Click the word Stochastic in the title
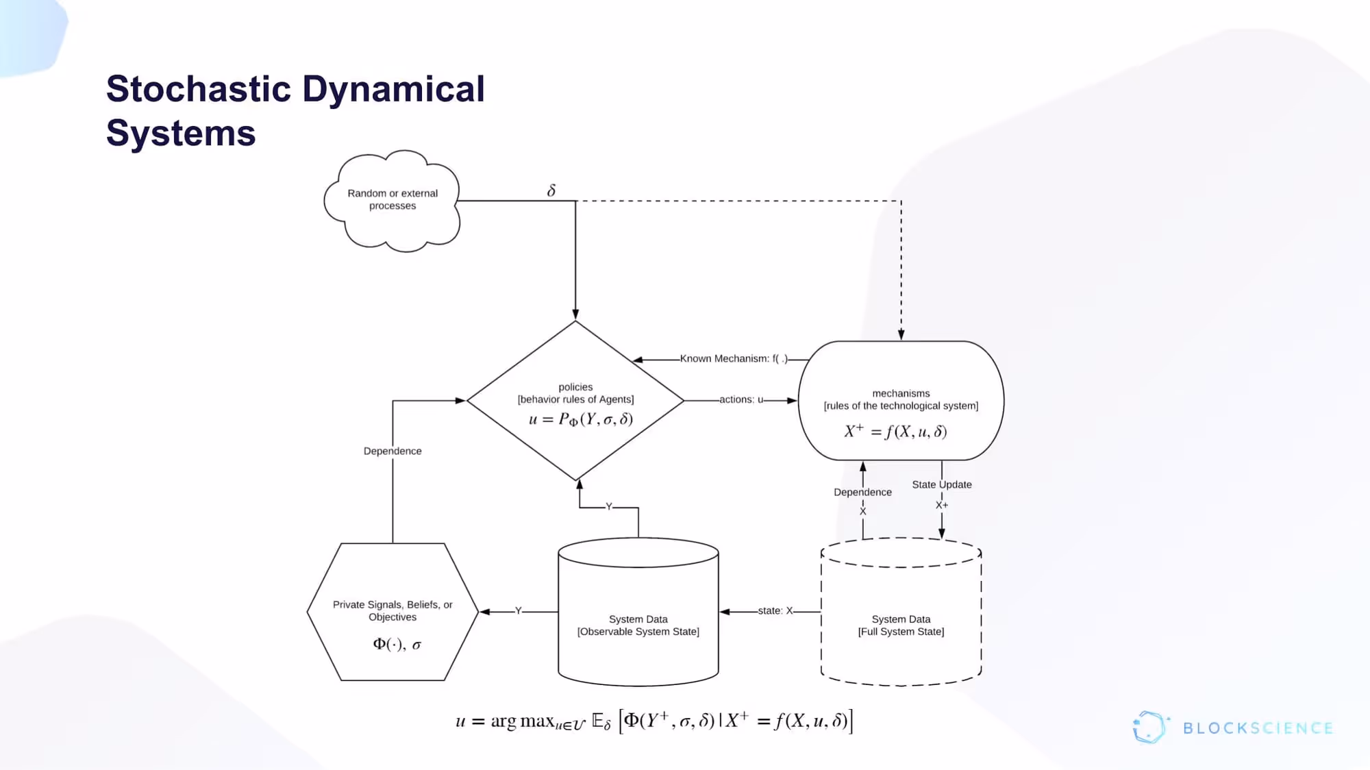tap(199, 90)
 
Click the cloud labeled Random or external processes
tap(392, 200)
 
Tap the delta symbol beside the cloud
tap(551, 190)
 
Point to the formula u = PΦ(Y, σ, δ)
tap(580, 419)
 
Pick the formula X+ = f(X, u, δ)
tap(895, 432)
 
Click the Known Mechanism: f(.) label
tap(734, 359)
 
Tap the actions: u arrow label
tap(741, 400)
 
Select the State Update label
tap(941, 485)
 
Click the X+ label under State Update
tap(942, 506)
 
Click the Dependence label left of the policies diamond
tap(393, 451)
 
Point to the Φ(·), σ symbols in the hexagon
tap(397, 645)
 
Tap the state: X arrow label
tap(775, 611)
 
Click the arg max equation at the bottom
tap(654, 721)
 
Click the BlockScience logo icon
tap(1149, 728)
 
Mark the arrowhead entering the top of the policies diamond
tap(575, 314)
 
